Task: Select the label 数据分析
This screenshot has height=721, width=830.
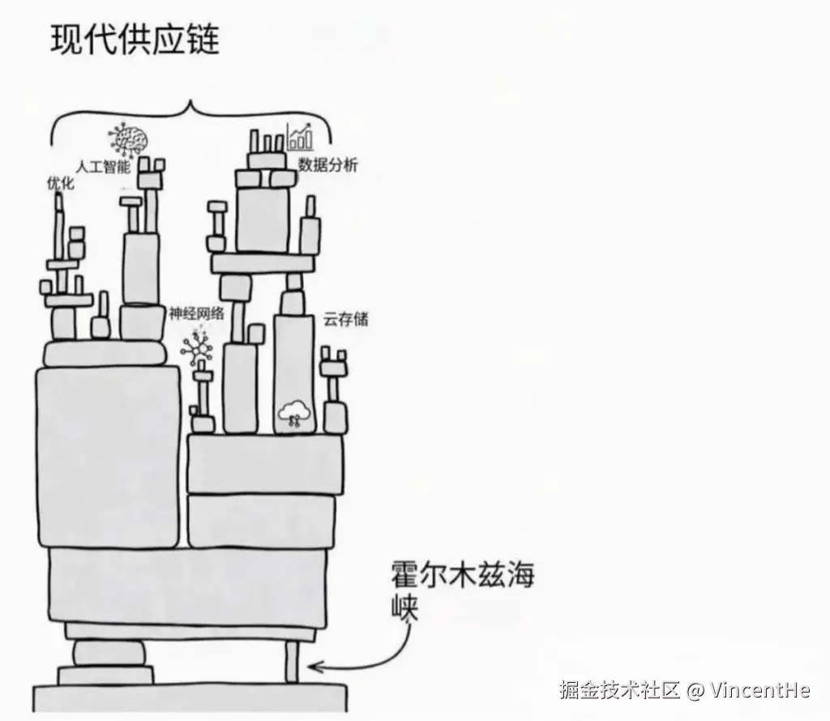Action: [327, 165]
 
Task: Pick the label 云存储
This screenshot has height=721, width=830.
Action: [345, 319]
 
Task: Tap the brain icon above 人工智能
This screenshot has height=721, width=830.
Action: [127, 139]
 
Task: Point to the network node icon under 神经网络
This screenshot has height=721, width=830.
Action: [196, 348]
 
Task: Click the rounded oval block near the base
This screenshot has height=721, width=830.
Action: [109, 652]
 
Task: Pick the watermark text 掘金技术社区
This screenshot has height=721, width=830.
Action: [620, 690]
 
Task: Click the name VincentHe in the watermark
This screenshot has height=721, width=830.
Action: [759, 690]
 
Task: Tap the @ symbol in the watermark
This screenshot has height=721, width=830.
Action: [695, 690]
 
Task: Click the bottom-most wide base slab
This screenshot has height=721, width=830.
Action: [190, 699]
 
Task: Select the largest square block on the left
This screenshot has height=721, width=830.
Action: [107, 456]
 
